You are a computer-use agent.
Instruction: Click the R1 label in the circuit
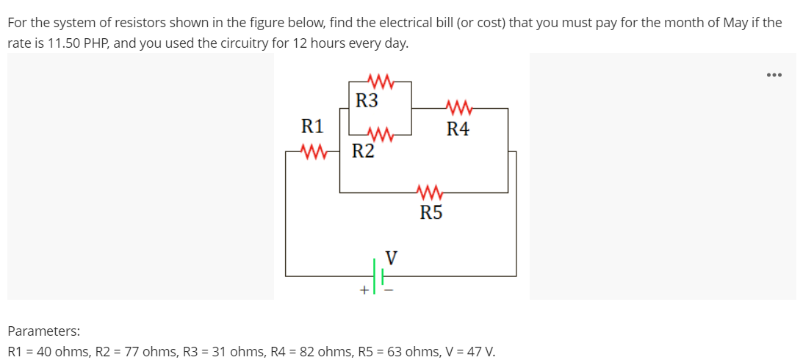(312, 126)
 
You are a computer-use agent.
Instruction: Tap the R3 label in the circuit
(367, 101)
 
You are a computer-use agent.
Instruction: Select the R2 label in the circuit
(363, 152)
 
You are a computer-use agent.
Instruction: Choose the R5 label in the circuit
(431, 214)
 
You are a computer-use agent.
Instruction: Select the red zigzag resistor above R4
(458, 108)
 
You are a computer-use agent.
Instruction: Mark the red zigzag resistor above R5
(429, 193)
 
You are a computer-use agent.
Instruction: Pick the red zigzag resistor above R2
(379, 134)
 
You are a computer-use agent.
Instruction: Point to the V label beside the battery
(392, 258)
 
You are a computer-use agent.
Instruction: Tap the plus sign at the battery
(363, 290)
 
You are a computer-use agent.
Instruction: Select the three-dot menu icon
(774, 75)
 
